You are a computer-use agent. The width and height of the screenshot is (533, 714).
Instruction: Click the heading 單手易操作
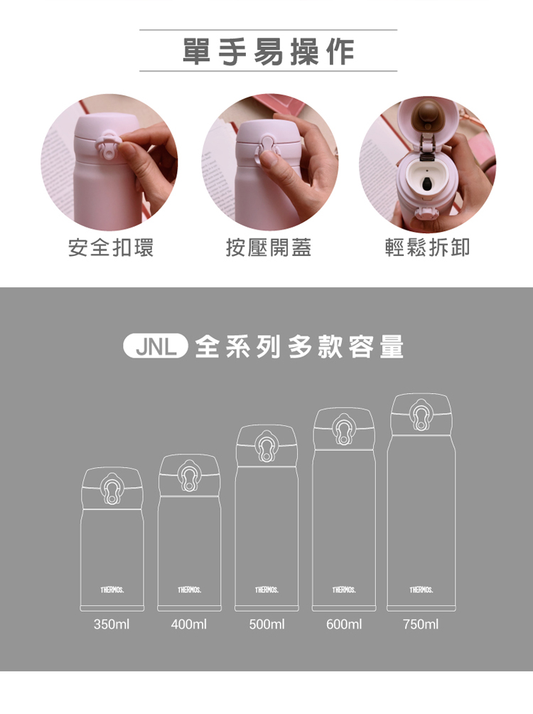click(268, 51)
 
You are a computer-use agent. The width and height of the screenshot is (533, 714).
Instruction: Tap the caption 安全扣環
click(111, 247)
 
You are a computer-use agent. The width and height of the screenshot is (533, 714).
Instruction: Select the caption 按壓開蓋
click(269, 247)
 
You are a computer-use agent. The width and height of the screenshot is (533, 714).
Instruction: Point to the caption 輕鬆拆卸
click(427, 247)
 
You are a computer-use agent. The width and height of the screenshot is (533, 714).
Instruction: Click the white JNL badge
click(156, 346)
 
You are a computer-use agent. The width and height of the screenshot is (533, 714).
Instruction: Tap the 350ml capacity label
click(112, 624)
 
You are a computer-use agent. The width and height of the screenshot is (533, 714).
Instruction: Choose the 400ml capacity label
click(189, 624)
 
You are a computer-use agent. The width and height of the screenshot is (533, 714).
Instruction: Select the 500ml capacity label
click(266, 624)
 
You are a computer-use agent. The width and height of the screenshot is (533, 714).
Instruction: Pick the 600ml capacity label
click(344, 624)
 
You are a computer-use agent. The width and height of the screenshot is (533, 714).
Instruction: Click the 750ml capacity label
click(421, 624)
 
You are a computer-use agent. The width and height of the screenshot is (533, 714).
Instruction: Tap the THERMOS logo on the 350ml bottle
click(112, 590)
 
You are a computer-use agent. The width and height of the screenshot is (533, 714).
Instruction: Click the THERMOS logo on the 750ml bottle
click(421, 590)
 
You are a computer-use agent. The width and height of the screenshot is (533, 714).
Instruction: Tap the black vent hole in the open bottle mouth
click(427, 184)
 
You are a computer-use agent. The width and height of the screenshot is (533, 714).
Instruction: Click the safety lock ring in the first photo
click(108, 145)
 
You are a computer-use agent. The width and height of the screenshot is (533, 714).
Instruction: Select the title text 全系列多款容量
click(299, 347)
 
